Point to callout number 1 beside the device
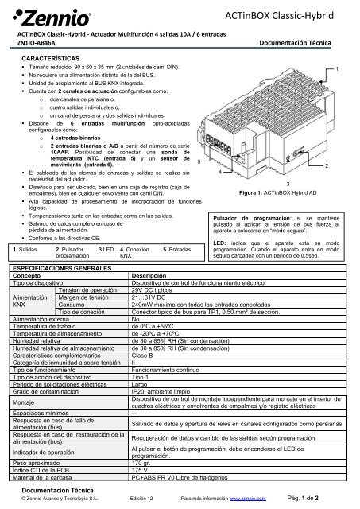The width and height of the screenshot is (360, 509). (x=339, y=71)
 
